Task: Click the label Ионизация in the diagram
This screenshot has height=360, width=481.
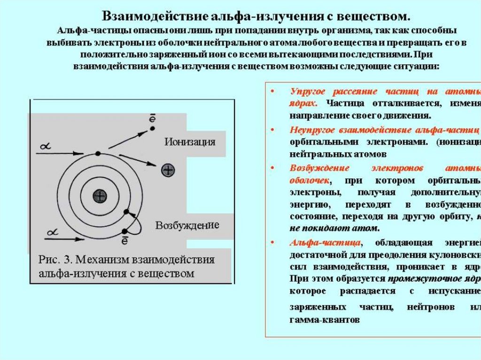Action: tap(190, 142)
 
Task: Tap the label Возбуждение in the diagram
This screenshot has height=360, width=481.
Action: tap(187, 225)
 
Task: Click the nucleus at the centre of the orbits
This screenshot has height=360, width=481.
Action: tap(99, 196)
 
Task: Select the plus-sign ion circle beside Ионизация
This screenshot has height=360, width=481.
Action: tap(168, 170)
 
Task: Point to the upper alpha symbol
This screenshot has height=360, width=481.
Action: tap(46, 147)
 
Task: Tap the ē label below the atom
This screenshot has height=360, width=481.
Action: tap(125, 241)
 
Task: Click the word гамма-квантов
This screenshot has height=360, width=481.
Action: tap(325, 320)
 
